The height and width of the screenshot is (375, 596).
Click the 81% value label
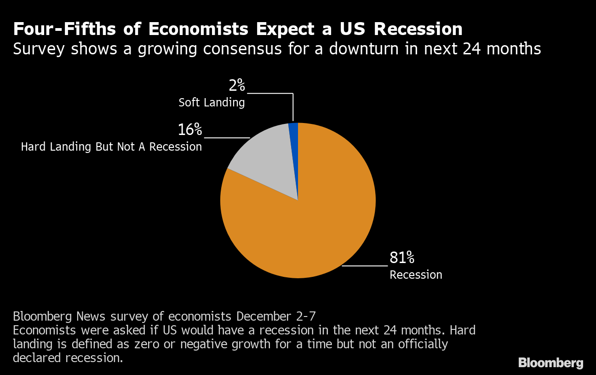(x=402, y=258)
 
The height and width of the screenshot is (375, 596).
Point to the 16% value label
(x=189, y=130)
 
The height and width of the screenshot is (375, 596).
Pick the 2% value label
(x=237, y=86)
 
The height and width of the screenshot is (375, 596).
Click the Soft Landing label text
(x=212, y=102)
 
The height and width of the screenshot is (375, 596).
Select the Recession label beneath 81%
(x=416, y=275)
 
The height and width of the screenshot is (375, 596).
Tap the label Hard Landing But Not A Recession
(x=111, y=147)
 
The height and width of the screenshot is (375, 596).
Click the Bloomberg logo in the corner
(x=550, y=363)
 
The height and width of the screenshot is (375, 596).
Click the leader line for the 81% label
(x=364, y=266)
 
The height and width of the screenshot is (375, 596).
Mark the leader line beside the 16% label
(x=227, y=138)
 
